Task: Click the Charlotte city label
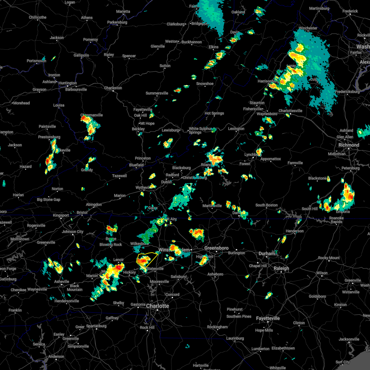tap(158, 306)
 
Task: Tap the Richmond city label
tap(349, 145)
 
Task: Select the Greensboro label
tap(216, 248)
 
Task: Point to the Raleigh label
tap(282, 268)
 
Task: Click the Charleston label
tap(113, 88)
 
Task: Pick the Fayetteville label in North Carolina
tap(268, 318)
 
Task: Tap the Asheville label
tap(62, 282)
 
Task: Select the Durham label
tap(267, 253)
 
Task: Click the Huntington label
tap(68, 83)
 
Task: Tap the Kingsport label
tap(61, 215)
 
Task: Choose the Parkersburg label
tap(117, 22)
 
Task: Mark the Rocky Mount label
tap(329, 258)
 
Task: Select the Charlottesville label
tap(290, 111)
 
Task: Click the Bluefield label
tap(136, 165)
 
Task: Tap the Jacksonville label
tap(349, 339)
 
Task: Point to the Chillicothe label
tap(38, 17)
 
